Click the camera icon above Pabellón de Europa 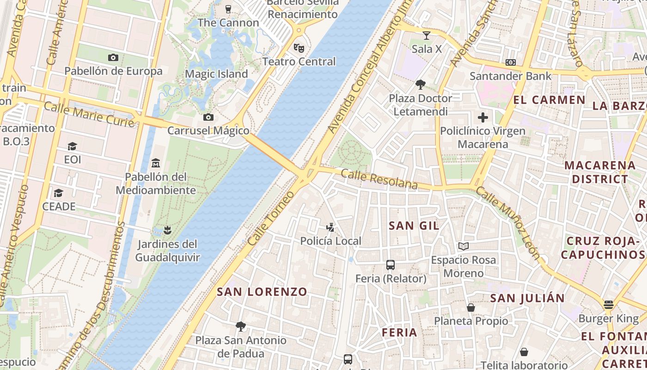point(113,57)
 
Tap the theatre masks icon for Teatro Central point(299,48)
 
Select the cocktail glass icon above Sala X point(427,35)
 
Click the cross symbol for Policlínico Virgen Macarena point(482,117)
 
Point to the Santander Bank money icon point(511,62)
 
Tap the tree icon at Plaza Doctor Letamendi point(420,85)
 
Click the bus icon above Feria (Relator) point(391,265)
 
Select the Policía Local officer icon point(330,227)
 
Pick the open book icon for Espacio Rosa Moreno point(464,246)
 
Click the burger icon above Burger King point(609,305)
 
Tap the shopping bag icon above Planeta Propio point(471,308)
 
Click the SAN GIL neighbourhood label point(414,226)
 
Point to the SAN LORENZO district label point(262,292)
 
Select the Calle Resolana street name point(379,179)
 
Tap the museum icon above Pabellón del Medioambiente point(156,163)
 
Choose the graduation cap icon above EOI point(72,147)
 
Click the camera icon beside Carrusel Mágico point(208,117)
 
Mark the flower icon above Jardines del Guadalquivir point(167,230)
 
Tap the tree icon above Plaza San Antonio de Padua point(240,327)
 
